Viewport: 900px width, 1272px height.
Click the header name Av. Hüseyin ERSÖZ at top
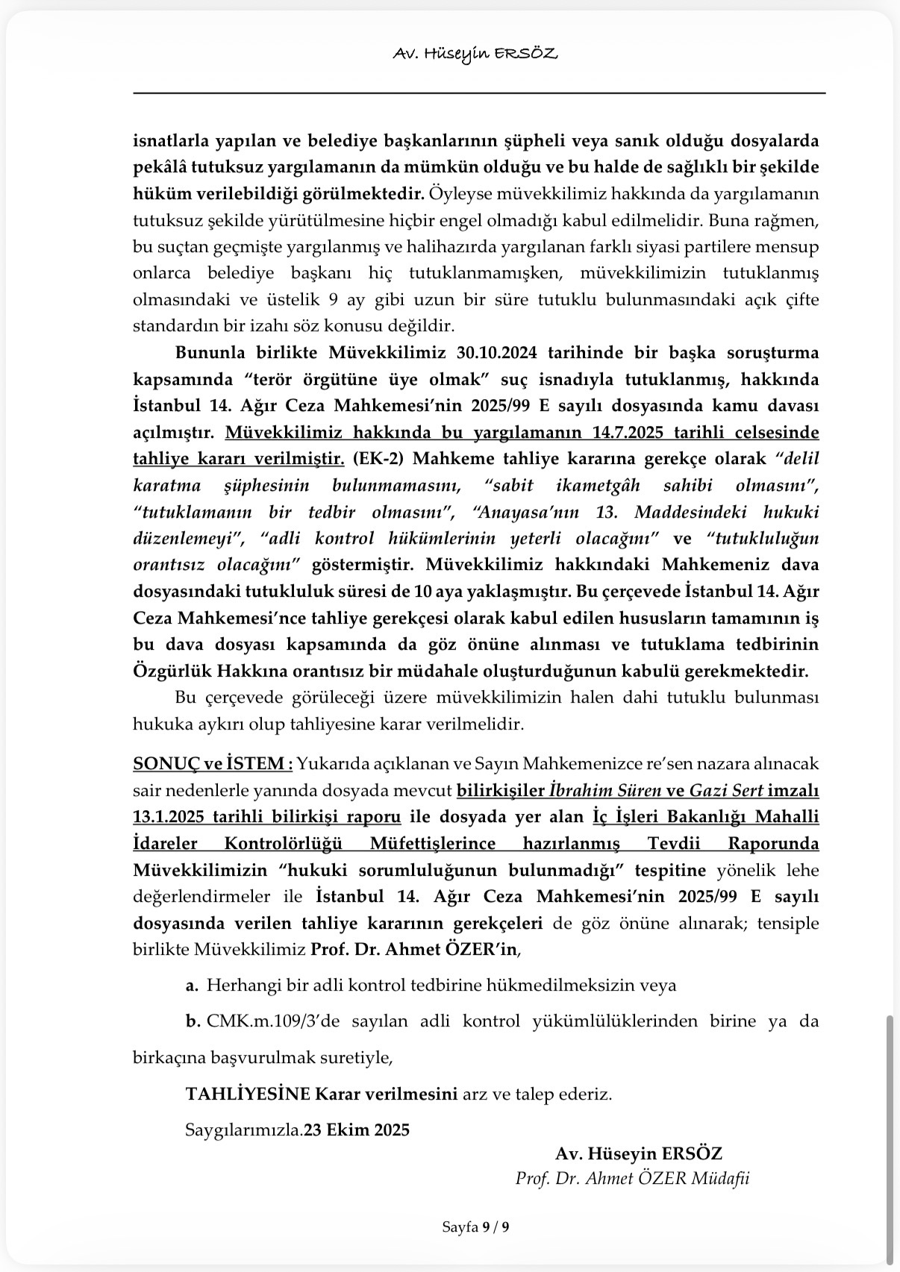click(475, 54)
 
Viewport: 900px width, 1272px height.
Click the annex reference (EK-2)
click(378, 459)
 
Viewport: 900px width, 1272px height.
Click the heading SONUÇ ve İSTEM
click(213, 764)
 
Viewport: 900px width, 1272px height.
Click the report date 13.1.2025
click(168, 817)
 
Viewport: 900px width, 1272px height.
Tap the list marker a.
click(192, 986)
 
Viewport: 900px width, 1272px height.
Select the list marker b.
click(193, 1021)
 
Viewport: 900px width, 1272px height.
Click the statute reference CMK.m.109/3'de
click(273, 1021)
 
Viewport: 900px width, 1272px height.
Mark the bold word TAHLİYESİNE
click(247, 1094)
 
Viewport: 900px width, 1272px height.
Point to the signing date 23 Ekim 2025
click(357, 1130)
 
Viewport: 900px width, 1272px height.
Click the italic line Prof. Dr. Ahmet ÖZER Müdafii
click(632, 1179)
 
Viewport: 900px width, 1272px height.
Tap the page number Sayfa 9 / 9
click(475, 1227)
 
